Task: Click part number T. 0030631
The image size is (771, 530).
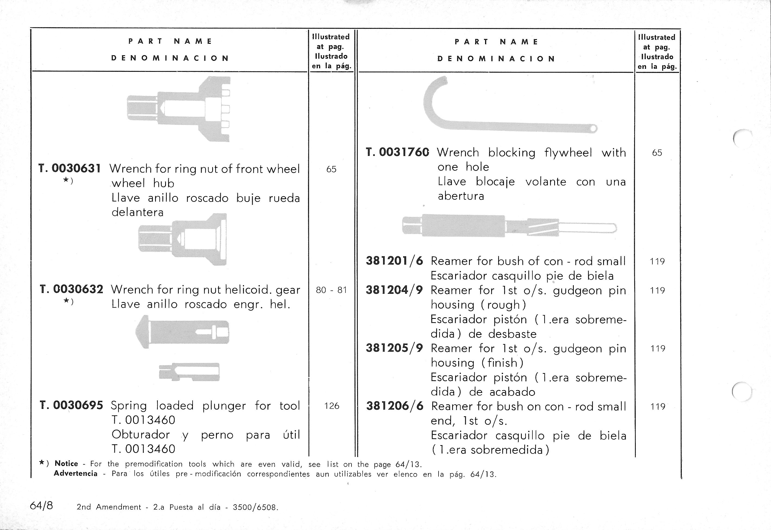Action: [70, 169]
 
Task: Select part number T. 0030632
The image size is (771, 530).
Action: [71, 289]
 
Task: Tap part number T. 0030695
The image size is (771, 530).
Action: [71, 405]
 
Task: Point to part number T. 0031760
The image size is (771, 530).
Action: [397, 152]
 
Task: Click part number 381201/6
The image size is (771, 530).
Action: [394, 261]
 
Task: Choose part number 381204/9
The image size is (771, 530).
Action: [394, 290]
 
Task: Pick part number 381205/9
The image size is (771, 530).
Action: [394, 348]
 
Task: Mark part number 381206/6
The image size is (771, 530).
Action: [395, 406]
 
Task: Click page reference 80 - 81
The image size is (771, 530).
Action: [331, 290]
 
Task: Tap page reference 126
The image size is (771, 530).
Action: [331, 406]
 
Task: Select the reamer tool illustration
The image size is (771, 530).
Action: [508, 226]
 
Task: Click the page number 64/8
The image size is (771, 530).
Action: [41, 506]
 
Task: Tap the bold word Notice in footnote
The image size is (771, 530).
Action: [66, 464]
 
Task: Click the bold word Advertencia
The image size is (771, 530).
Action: [76, 474]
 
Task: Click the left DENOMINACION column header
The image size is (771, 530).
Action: [170, 58]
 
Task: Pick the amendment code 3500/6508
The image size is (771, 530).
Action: [255, 507]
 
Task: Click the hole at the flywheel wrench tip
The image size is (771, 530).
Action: [593, 128]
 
